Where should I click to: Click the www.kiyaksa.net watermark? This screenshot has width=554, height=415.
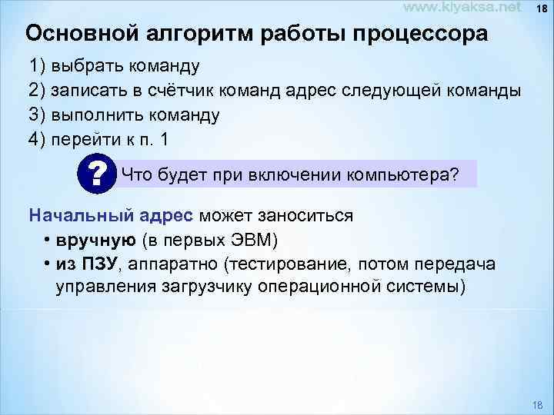click(x=462, y=8)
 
